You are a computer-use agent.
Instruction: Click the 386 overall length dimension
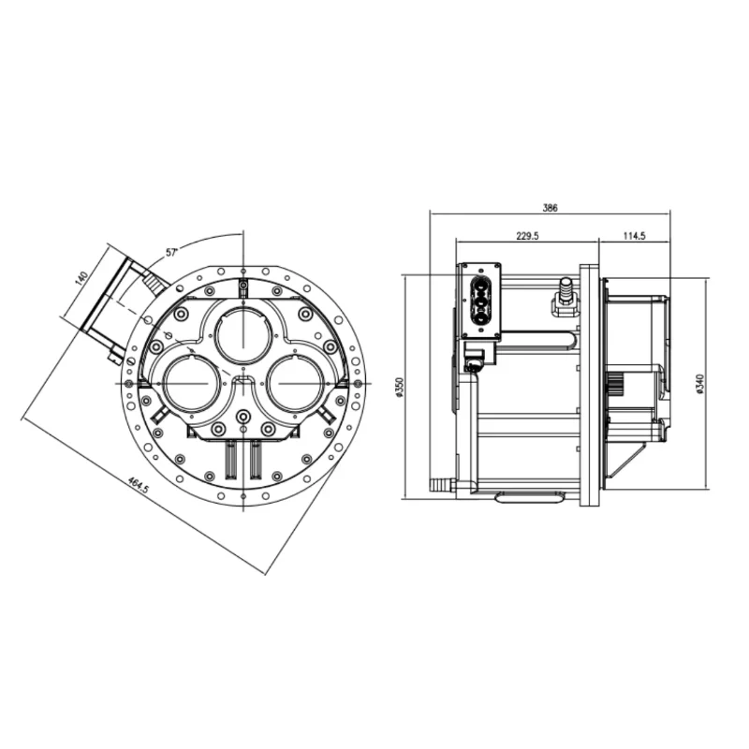pos(550,208)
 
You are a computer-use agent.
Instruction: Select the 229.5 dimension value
pos(526,236)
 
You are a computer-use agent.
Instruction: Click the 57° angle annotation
pos(171,252)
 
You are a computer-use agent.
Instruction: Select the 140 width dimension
pos(81,278)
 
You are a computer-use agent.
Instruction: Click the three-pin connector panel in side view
pos(479,300)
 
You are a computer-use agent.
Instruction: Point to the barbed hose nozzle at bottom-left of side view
pos(440,486)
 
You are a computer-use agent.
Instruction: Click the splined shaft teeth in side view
pos(616,386)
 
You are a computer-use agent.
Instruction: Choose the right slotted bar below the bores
pos(255,459)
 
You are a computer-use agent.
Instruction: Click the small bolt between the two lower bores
pos(243,416)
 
